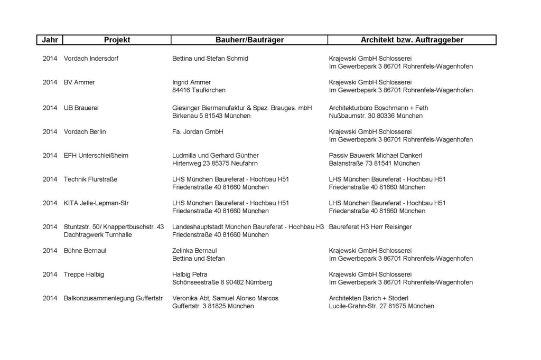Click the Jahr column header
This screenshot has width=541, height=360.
coord(50,40)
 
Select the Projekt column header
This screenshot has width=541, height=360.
coord(117,40)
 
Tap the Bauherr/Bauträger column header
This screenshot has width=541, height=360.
coord(249,40)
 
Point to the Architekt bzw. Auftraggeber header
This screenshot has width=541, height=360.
coord(412,40)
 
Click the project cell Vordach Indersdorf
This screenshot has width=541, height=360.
coord(91,59)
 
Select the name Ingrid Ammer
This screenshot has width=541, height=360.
coord(191,82)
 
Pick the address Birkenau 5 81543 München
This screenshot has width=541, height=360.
coord(204,116)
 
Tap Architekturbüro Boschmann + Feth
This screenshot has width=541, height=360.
coord(378,108)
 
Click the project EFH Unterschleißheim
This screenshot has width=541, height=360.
coord(96,156)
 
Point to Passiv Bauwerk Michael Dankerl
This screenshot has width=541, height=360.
coord(375,156)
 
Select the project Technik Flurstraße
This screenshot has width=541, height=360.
coord(90,179)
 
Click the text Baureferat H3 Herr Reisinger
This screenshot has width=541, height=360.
coord(370,227)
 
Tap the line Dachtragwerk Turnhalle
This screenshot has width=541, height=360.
coord(98,235)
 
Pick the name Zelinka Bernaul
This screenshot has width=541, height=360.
coord(194,251)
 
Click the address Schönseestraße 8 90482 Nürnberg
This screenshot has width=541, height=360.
coord(222,282)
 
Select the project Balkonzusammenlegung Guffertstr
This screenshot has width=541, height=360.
coord(113,298)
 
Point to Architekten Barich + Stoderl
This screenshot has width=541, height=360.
coord(369,298)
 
